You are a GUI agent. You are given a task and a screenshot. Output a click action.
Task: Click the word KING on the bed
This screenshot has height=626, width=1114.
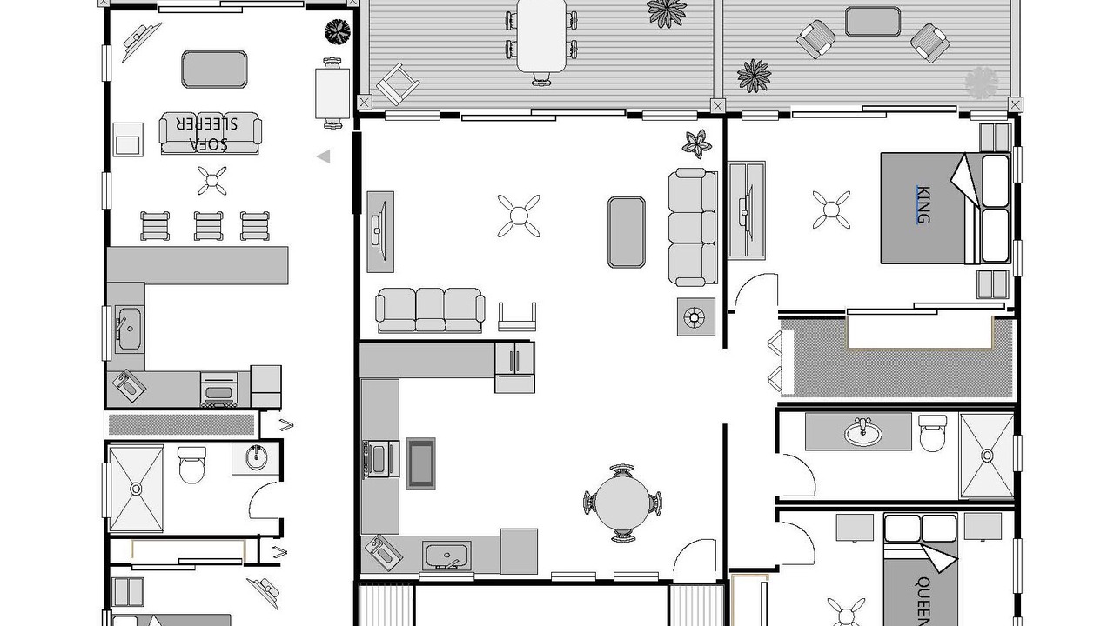pyautogui.click(x=923, y=204)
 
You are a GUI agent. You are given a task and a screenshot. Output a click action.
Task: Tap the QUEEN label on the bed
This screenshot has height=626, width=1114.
pyautogui.click(x=923, y=601)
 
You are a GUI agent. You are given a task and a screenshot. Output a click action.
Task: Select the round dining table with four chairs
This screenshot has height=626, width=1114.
pyautogui.click(x=622, y=503)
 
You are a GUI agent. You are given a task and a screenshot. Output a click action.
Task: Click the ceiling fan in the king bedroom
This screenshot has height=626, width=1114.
pyautogui.click(x=831, y=210)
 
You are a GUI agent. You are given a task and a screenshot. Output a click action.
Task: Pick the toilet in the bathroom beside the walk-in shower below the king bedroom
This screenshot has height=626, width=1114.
pyautogui.click(x=932, y=433)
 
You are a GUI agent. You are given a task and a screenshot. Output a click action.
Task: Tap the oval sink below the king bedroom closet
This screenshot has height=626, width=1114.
pyautogui.click(x=862, y=433)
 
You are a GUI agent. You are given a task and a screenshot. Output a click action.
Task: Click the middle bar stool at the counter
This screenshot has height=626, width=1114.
pyautogui.click(x=208, y=225)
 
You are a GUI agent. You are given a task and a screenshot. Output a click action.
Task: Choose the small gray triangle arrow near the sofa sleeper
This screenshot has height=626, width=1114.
pyautogui.click(x=323, y=156)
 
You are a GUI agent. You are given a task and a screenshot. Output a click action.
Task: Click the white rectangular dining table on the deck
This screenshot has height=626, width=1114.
pyautogui.click(x=541, y=36)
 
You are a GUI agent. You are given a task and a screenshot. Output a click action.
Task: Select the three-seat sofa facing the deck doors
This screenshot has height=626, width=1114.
pyautogui.click(x=430, y=310)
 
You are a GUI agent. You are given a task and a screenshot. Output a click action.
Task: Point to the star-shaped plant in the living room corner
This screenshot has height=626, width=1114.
pyautogui.click(x=697, y=143)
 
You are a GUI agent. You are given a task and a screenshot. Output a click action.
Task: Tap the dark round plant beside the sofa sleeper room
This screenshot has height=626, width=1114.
pyautogui.click(x=338, y=32)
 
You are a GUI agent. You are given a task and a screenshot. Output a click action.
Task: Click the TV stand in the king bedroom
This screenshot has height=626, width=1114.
pyautogui.click(x=747, y=210)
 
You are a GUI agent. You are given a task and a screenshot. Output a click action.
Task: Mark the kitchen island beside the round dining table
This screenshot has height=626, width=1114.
pyautogui.click(x=420, y=463)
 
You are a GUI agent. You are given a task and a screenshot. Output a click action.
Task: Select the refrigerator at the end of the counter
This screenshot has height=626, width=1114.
pyautogui.click(x=514, y=368)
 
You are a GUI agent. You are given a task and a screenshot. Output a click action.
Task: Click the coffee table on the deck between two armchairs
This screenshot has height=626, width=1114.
pyautogui.click(x=872, y=22)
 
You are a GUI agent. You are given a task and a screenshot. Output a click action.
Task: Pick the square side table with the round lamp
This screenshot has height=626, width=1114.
pyautogui.click(x=695, y=317)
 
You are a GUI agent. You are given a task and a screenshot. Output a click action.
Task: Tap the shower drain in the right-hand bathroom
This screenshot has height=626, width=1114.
pyautogui.click(x=987, y=456)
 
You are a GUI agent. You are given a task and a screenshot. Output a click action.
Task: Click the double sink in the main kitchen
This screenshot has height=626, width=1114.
pyautogui.click(x=446, y=556)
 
